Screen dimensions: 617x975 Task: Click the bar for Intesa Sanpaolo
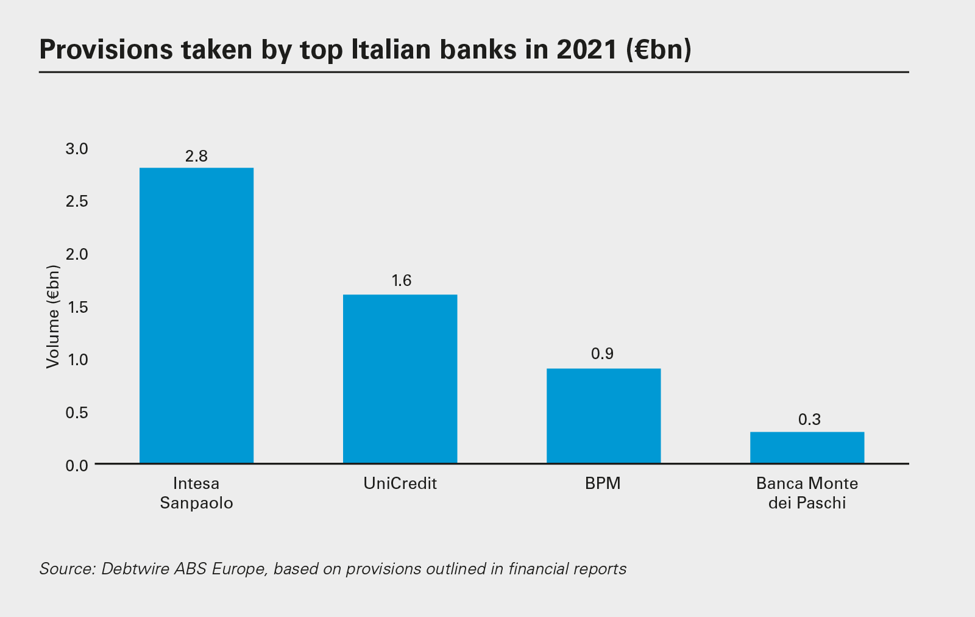196,315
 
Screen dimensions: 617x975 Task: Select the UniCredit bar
400,379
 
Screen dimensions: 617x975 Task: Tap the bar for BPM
603,415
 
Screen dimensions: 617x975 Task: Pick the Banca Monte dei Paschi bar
807,448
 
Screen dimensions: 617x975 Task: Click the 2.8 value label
196,157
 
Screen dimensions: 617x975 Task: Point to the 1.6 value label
401,280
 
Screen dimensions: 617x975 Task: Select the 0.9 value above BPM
602,354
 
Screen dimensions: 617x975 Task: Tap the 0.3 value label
809,419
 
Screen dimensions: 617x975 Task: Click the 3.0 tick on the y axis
77,149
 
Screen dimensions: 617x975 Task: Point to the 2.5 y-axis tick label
77,201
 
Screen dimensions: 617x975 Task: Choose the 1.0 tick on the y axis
77,360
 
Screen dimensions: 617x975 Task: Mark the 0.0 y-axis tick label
77,466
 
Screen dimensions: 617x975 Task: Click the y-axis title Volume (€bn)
54,316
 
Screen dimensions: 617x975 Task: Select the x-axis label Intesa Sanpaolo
196,493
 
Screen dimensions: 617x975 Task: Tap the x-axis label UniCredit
400,483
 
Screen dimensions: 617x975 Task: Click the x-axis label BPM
603,483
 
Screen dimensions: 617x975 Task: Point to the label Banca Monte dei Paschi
807,493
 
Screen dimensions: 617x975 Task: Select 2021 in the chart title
587,49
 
